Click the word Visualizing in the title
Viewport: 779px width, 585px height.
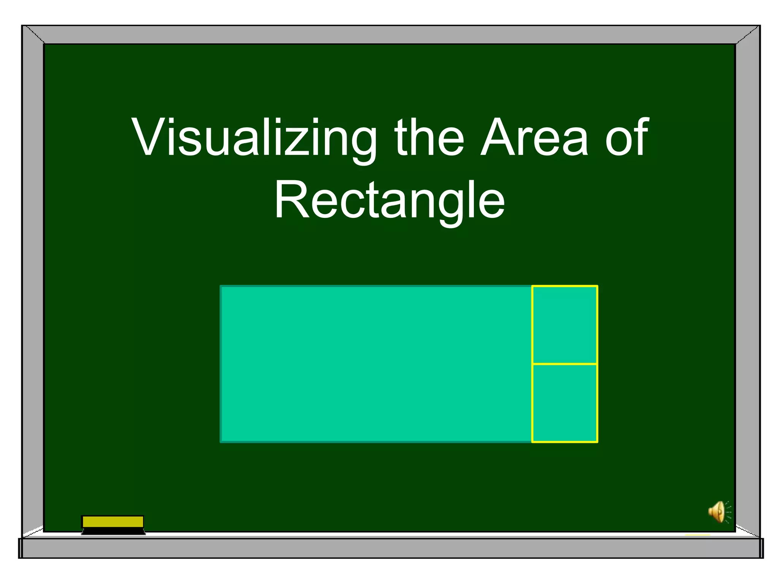pyautogui.click(x=254, y=138)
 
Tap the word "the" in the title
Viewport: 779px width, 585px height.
pyautogui.click(x=429, y=138)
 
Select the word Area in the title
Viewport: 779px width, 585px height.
pyautogui.click(x=534, y=138)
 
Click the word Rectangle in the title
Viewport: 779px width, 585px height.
pyautogui.click(x=389, y=201)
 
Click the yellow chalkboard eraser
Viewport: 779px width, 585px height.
pyautogui.click(x=113, y=521)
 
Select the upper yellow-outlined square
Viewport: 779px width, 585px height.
pyautogui.click(x=564, y=324)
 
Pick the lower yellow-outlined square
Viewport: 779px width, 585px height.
pyautogui.click(x=564, y=403)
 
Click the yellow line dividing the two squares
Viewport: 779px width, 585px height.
pyautogui.click(x=564, y=364)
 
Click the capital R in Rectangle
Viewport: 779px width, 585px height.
pyautogui.click(x=292, y=200)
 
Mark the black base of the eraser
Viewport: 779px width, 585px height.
pyautogui.click(x=113, y=531)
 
